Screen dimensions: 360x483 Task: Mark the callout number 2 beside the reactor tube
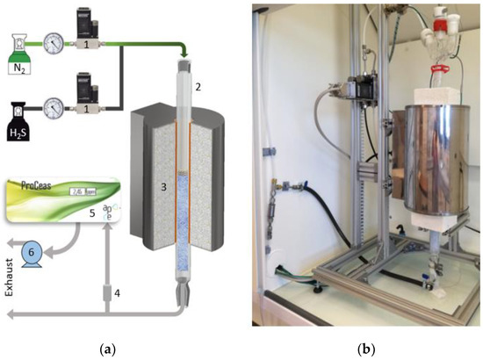tap(199, 86)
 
